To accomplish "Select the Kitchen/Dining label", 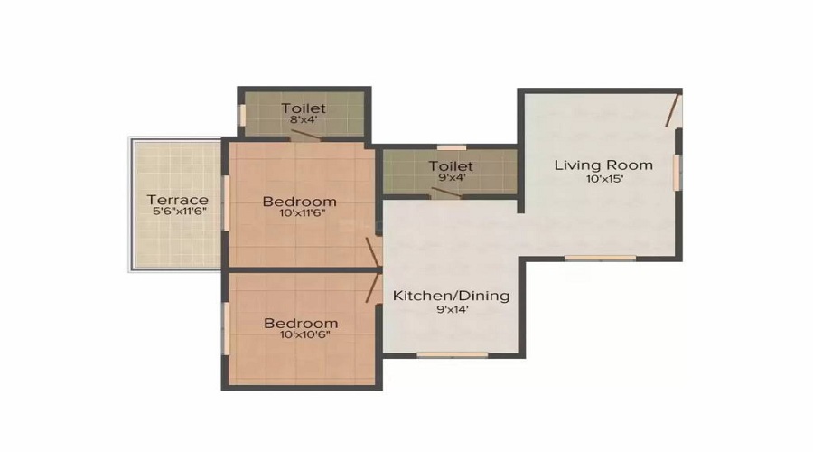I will (x=451, y=296).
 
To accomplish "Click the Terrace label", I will (x=178, y=200).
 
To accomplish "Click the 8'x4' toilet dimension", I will (x=303, y=120).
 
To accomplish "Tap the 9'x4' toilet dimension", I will (x=451, y=179).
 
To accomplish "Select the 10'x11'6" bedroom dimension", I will (x=300, y=214).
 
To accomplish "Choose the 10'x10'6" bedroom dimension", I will (x=300, y=335).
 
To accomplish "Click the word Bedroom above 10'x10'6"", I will (x=301, y=323).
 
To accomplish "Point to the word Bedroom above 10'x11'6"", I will (x=300, y=201).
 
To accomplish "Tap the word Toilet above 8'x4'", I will (x=303, y=108).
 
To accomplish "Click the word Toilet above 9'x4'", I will (x=451, y=166).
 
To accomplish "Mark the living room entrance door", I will (x=672, y=111).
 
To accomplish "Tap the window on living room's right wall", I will (x=677, y=172).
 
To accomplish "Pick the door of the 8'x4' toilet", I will (x=305, y=136).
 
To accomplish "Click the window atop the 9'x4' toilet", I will (x=451, y=147).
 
